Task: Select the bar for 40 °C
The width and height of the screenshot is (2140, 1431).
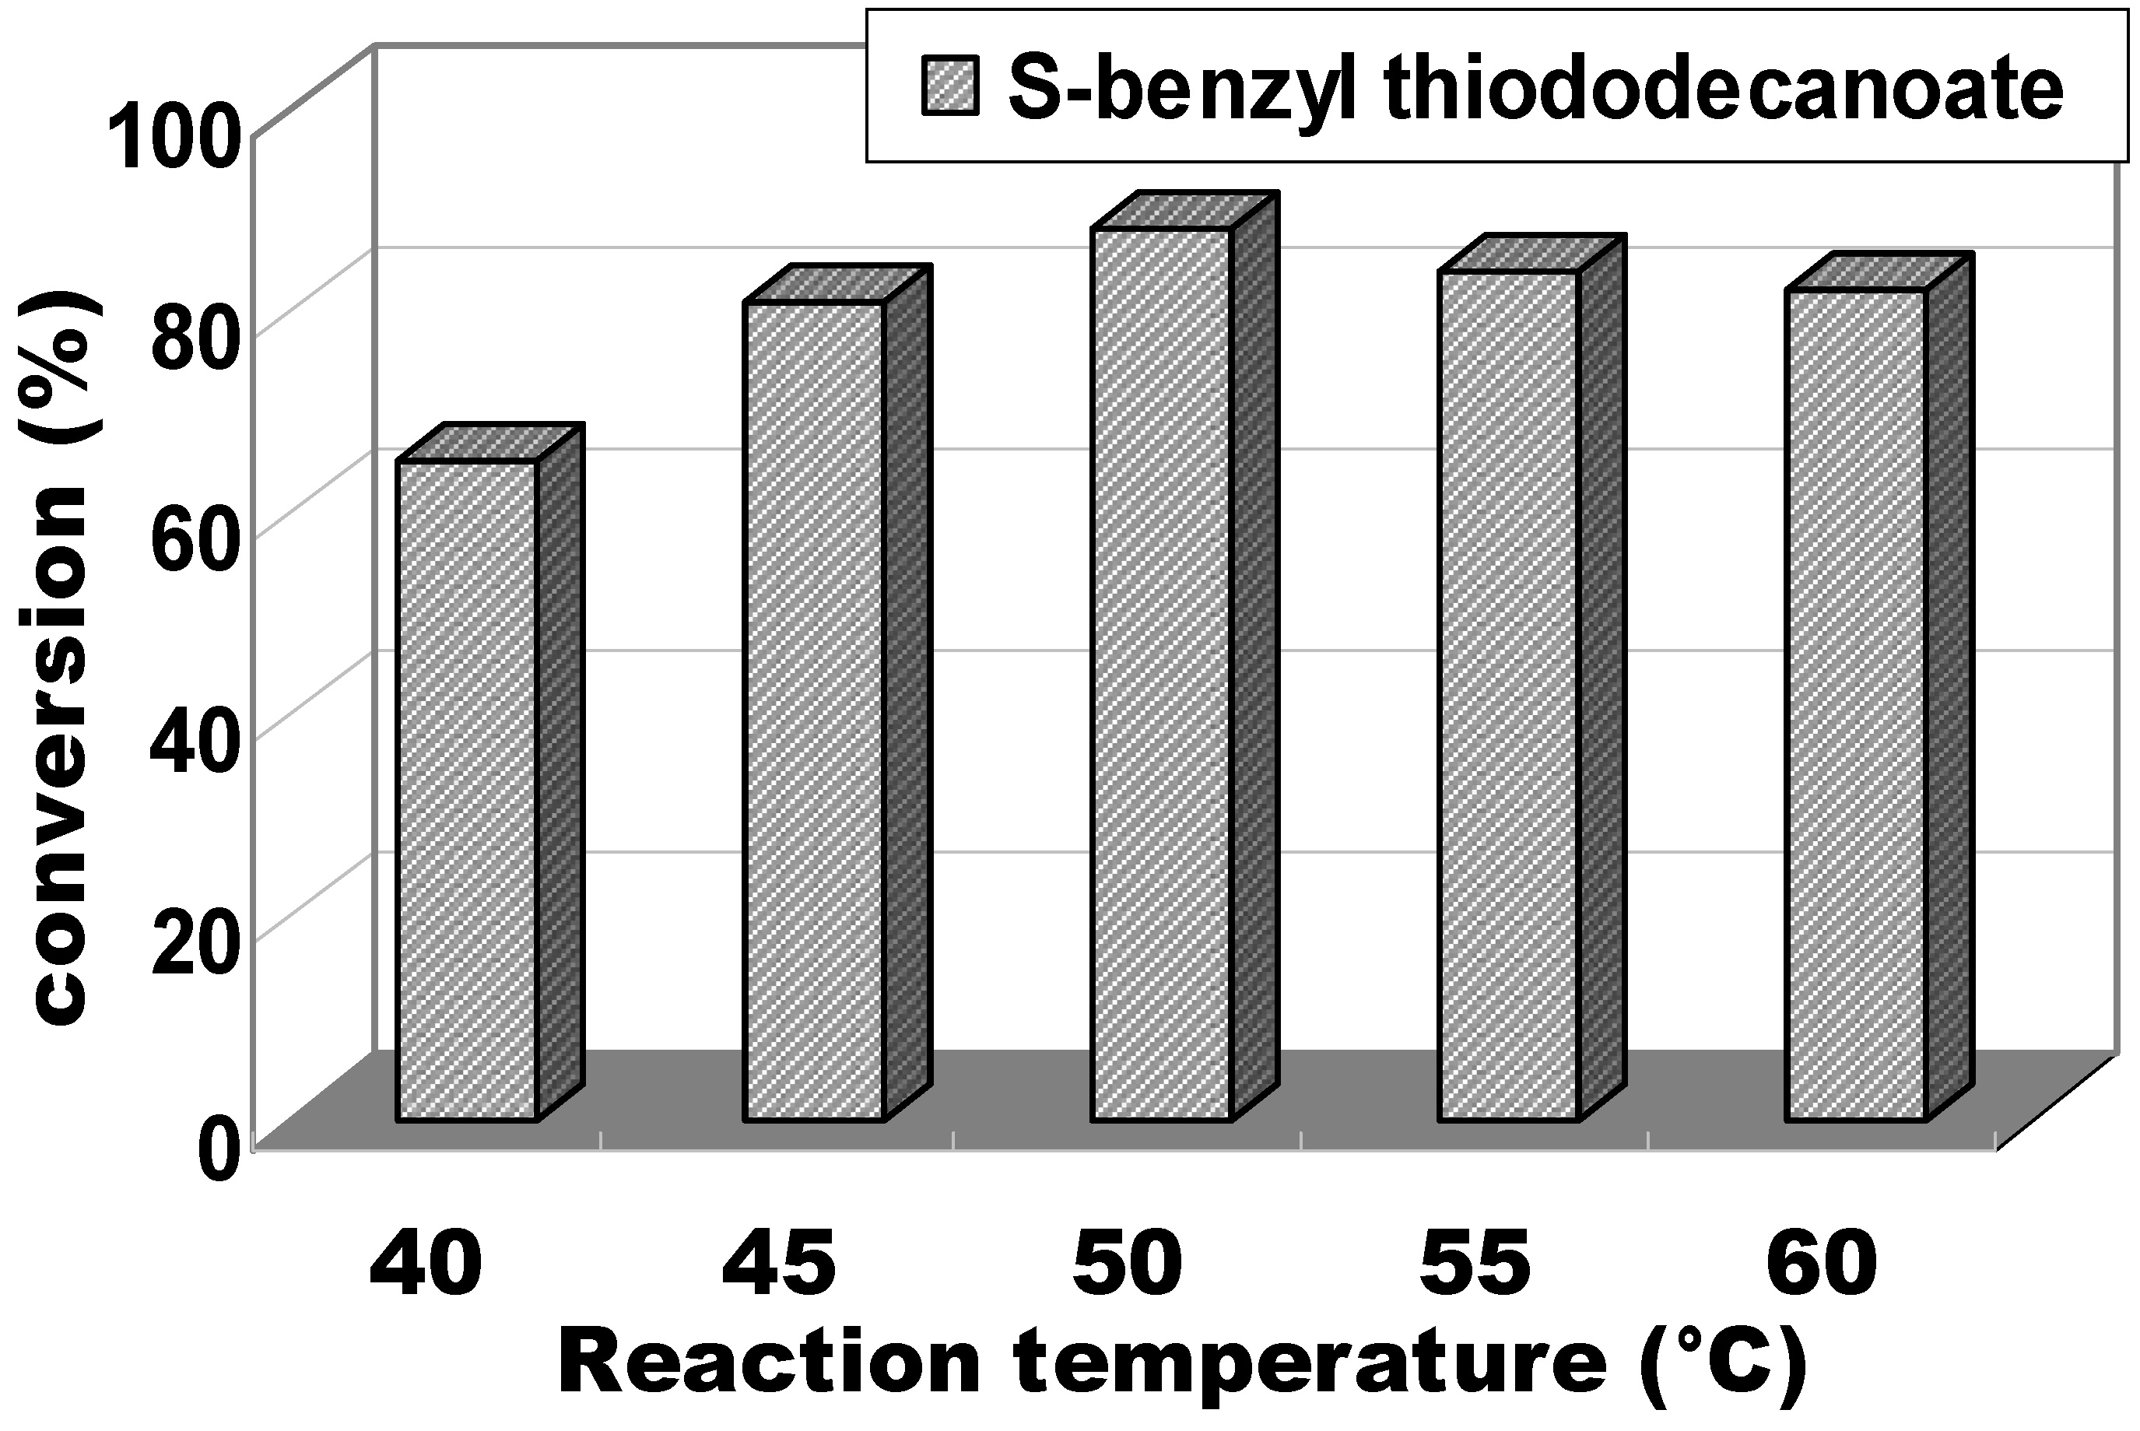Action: [466, 791]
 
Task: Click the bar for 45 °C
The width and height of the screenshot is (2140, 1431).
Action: [814, 711]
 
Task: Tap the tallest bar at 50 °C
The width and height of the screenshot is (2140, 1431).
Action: [1162, 675]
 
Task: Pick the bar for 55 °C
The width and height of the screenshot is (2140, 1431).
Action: [1508, 696]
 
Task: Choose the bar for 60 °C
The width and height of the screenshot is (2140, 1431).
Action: [1855, 706]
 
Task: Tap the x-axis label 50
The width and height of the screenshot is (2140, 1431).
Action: [1127, 1264]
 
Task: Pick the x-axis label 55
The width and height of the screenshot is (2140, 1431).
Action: [1475, 1264]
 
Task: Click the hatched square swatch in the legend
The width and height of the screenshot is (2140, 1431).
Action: [950, 86]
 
